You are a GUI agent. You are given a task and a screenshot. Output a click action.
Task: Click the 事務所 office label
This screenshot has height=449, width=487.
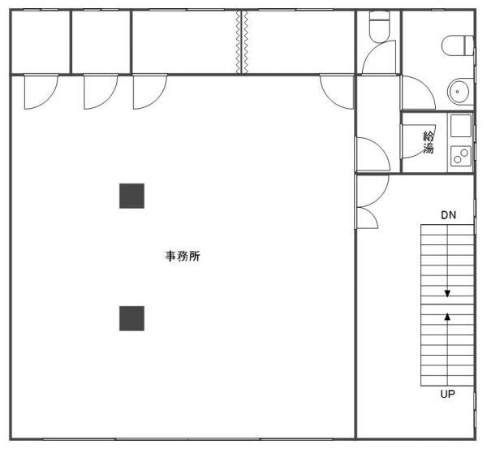[x=183, y=256]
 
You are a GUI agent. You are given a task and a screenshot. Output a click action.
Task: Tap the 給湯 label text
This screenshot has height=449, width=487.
[x=429, y=142]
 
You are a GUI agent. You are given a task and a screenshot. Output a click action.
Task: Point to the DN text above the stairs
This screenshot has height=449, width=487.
[x=448, y=214]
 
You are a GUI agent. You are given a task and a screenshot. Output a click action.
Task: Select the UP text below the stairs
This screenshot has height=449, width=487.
[x=447, y=394]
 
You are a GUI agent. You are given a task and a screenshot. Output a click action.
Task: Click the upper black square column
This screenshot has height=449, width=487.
[x=131, y=196]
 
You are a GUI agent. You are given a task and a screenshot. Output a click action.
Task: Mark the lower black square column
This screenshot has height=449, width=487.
[x=131, y=318]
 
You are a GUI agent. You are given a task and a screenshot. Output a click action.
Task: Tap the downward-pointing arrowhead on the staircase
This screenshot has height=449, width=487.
[x=447, y=294]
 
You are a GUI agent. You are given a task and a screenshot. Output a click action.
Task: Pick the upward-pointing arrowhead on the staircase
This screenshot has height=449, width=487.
[x=447, y=317]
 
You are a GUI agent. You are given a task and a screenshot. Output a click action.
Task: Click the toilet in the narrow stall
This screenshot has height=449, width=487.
[x=379, y=27]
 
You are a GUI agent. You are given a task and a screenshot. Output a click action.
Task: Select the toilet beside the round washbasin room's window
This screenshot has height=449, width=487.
[x=458, y=45]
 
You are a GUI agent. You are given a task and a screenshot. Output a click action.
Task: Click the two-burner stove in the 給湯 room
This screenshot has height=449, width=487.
[x=461, y=156]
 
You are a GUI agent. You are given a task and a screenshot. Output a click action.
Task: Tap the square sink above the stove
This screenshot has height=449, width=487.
[x=461, y=126]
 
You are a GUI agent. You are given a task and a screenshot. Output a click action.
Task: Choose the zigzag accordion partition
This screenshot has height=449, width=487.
[x=242, y=42]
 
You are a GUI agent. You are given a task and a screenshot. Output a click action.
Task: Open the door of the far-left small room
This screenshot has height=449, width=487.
[x=41, y=92]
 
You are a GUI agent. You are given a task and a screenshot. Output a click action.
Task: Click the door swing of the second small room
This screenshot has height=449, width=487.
[x=101, y=92]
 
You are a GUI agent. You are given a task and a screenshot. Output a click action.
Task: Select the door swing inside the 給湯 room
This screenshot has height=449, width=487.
[x=419, y=141]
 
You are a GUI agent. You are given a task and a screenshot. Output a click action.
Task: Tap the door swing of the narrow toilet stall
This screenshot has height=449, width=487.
[x=379, y=58]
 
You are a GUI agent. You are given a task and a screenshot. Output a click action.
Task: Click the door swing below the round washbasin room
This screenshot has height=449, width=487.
[x=418, y=93]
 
